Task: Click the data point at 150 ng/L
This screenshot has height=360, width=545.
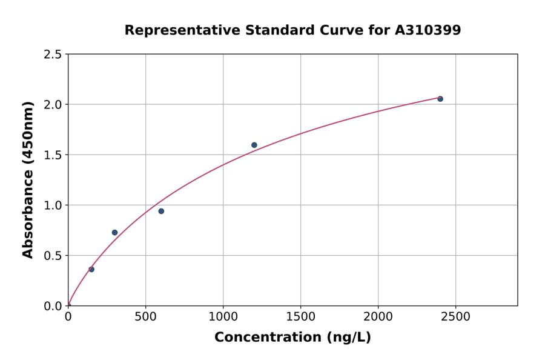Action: [91, 269]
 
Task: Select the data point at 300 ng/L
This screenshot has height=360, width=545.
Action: [114, 232]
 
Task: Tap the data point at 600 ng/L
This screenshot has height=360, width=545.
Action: [161, 211]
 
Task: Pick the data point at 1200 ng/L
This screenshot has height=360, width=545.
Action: [254, 145]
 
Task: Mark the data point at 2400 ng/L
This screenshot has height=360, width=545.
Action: [440, 99]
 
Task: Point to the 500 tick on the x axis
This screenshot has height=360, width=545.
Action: [145, 317]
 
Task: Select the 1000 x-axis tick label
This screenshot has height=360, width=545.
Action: [223, 317]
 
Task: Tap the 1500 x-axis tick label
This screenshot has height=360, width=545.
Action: [300, 317]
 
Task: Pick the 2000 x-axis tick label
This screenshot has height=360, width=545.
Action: [378, 317]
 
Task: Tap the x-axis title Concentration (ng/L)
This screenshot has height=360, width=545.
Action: [292, 338]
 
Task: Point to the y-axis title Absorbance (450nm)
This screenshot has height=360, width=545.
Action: [28, 179]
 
